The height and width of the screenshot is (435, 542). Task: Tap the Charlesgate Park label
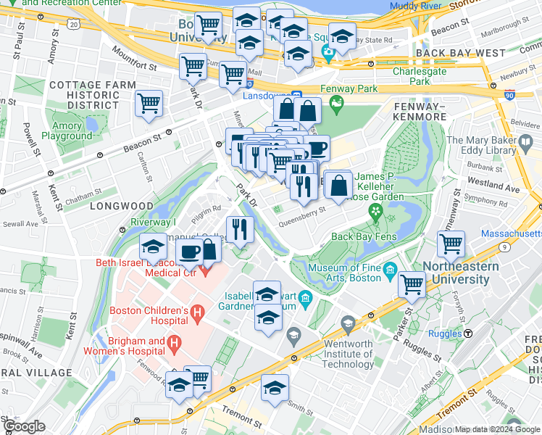[x=421, y=77]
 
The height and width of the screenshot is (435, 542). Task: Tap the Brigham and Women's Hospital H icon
[x=174, y=341]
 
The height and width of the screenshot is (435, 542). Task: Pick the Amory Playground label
[x=72, y=130]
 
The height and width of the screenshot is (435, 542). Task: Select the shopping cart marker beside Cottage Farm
[x=149, y=103]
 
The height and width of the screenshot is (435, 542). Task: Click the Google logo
[x=24, y=426]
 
